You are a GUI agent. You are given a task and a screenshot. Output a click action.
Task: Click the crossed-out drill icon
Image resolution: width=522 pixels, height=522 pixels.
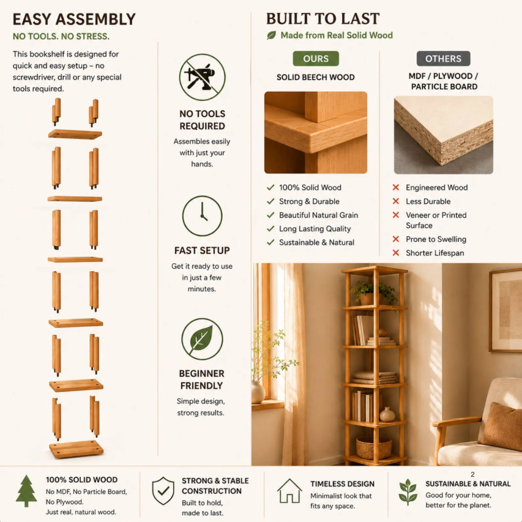tap(202, 77)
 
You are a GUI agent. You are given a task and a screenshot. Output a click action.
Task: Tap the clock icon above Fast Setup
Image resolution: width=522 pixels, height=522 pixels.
tap(202, 216)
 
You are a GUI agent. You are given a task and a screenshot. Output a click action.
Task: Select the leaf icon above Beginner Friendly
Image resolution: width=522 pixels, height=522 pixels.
tap(202, 339)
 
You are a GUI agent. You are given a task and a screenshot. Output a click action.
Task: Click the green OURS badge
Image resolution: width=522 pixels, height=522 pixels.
tap(316, 59)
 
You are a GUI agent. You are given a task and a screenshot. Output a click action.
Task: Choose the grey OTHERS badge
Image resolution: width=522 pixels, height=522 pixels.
tap(444, 59)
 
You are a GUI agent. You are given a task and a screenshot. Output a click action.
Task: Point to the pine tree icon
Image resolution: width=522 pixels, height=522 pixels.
tap(26, 491)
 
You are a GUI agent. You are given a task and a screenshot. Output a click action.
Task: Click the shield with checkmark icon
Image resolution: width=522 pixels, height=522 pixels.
tap(163, 491)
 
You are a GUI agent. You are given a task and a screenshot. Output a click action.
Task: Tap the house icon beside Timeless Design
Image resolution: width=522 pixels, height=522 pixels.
tap(289, 491)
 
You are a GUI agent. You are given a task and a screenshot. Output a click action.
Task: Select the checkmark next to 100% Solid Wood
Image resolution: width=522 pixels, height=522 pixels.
tap(270, 187)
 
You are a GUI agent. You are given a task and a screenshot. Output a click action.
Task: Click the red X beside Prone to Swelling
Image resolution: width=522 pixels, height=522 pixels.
tap(396, 239)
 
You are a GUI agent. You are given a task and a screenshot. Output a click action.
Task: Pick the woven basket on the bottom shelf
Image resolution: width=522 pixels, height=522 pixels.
tap(374, 448)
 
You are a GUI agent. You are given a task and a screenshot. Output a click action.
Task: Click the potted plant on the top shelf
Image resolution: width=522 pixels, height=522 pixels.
tap(373, 292)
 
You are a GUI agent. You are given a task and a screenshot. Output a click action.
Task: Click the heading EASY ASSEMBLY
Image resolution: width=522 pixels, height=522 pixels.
tap(74, 20)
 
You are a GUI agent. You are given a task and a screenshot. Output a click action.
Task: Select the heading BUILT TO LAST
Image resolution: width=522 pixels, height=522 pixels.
tap(323, 18)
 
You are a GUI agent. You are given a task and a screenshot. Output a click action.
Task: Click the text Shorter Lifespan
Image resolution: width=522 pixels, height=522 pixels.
tap(434, 253)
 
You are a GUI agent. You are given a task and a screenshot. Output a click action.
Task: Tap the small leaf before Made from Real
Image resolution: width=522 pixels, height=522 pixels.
tap(271, 35)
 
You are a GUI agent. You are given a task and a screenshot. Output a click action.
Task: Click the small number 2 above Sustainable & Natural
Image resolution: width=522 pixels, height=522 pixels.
tap(472, 474)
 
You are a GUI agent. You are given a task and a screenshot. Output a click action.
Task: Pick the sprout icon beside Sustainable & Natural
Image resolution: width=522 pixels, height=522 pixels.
tap(408, 492)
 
